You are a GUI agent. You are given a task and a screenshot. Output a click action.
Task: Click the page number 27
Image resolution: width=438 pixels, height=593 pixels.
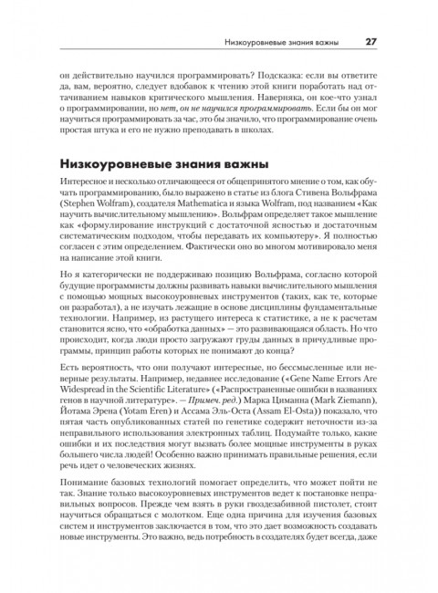click(371, 41)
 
